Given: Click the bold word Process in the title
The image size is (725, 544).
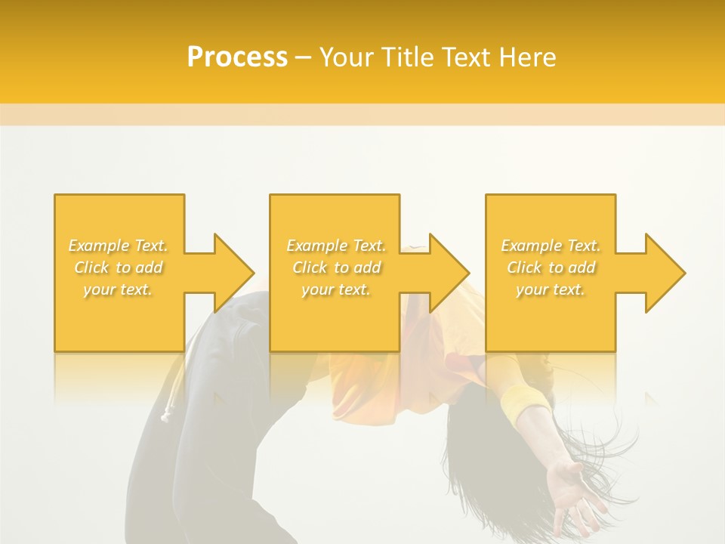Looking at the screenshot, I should (x=237, y=57).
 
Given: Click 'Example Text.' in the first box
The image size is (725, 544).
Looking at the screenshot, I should (x=119, y=246).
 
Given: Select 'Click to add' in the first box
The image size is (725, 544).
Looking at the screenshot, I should (x=119, y=267).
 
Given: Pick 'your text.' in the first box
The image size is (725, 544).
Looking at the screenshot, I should (x=119, y=289).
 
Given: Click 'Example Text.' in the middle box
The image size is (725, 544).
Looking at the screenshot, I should (x=336, y=246).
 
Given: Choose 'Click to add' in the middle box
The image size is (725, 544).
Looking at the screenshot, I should (x=336, y=267).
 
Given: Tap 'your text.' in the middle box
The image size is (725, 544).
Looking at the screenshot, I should (x=336, y=289).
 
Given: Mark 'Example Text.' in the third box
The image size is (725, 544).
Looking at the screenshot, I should (x=551, y=246).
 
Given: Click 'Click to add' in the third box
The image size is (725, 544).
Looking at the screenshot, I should (x=551, y=267).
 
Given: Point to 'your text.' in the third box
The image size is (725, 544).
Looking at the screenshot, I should (x=551, y=289).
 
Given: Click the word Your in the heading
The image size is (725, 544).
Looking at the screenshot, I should (x=347, y=57).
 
